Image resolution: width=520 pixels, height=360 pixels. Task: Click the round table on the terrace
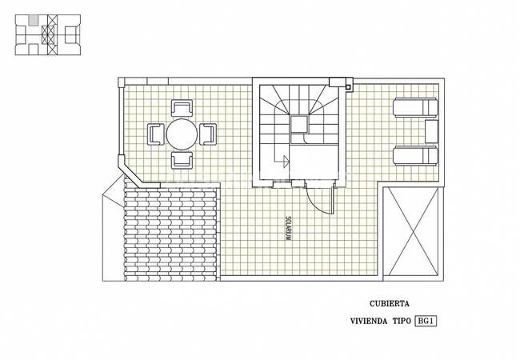(182, 134)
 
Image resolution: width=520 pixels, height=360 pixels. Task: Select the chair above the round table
(182, 108)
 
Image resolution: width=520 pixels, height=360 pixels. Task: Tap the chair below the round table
(182, 161)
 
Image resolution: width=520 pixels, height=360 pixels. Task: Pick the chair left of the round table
(156, 134)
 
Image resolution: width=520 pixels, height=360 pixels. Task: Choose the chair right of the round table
(208, 134)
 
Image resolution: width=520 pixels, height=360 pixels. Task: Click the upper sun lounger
(415, 107)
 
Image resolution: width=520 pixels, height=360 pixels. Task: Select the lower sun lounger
(415, 156)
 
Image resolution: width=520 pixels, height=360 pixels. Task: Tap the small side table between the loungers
(431, 132)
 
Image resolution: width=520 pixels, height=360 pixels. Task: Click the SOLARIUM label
(288, 228)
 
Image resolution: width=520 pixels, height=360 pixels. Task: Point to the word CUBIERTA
(390, 303)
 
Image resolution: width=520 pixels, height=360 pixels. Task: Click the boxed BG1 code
(426, 321)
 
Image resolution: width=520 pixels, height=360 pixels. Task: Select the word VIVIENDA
(369, 322)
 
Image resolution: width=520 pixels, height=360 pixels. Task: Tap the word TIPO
(402, 322)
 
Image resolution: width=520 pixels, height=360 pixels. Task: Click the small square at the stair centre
(300, 124)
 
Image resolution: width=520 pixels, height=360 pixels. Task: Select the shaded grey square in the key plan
(33, 20)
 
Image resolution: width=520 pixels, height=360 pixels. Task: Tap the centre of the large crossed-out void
(413, 231)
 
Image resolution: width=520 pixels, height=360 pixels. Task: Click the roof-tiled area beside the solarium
(170, 232)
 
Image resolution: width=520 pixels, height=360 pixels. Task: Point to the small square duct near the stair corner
(348, 87)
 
